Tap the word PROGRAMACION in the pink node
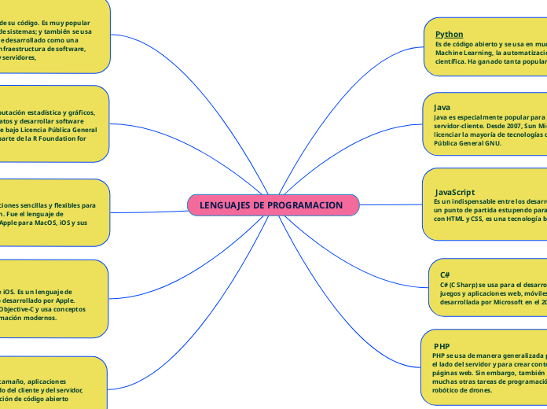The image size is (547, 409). [305, 205]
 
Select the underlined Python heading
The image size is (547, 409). [449, 35]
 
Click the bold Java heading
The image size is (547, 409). [442, 107]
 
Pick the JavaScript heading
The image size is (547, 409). [455, 192]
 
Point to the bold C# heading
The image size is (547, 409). [445, 274]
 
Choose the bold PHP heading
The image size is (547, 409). [442, 346]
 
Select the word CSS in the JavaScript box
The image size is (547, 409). [484, 219]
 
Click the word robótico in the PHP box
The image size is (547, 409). [448, 390]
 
